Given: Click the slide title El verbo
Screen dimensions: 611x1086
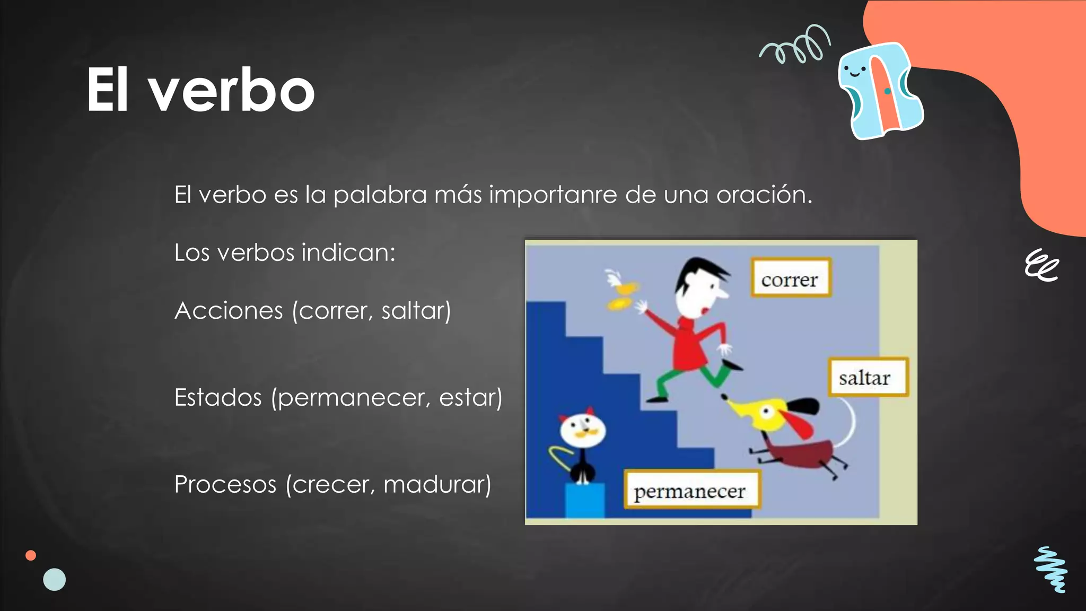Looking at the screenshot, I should click(x=200, y=90).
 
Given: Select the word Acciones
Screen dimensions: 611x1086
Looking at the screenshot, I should click(x=229, y=310).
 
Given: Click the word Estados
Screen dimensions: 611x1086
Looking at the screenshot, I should click(x=218, y=397).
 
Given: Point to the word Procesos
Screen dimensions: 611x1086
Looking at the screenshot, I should click(x=225, y=484).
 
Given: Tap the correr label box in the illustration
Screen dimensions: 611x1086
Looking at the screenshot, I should click(x=790, y=278).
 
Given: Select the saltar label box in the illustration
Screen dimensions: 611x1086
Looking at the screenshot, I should click(x=868, y=378).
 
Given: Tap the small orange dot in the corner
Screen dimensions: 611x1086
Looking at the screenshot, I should click(x=31, y=555).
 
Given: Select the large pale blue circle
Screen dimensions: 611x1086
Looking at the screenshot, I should click(x=55, y=579).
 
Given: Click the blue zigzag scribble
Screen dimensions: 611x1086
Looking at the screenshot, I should click(x=1051, y=570).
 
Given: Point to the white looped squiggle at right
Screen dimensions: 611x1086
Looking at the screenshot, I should click(x=1041, y=265).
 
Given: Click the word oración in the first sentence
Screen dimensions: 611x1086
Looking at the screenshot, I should click(x=764, y=195).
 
